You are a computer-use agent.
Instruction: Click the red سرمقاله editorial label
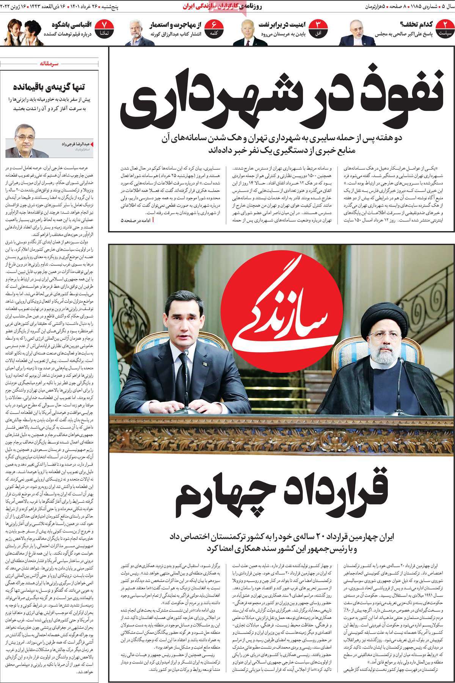50,64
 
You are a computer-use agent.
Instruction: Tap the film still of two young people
21,31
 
